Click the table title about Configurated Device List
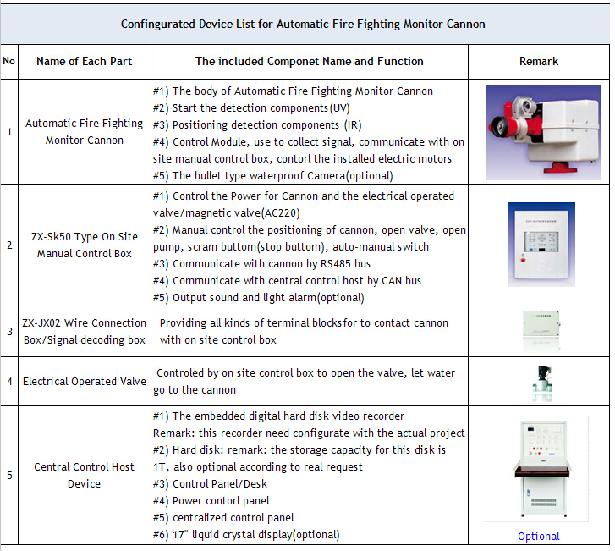(303, 24)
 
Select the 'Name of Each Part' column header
(85, 61)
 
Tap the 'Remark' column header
(538, 61)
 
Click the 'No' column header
(9, 61)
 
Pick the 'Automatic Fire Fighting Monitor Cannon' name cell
(85, 131)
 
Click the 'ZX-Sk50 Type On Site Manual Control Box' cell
(85, 245)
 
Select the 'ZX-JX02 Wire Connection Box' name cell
(85, 331)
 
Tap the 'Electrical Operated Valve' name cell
(85, 381)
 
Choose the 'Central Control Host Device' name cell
(85, 475)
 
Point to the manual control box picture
(538, 245)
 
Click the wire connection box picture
(538, 330)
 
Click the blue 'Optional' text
(539, 536)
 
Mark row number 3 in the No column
(9, 331)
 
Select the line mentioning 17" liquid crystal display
(255, 534)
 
